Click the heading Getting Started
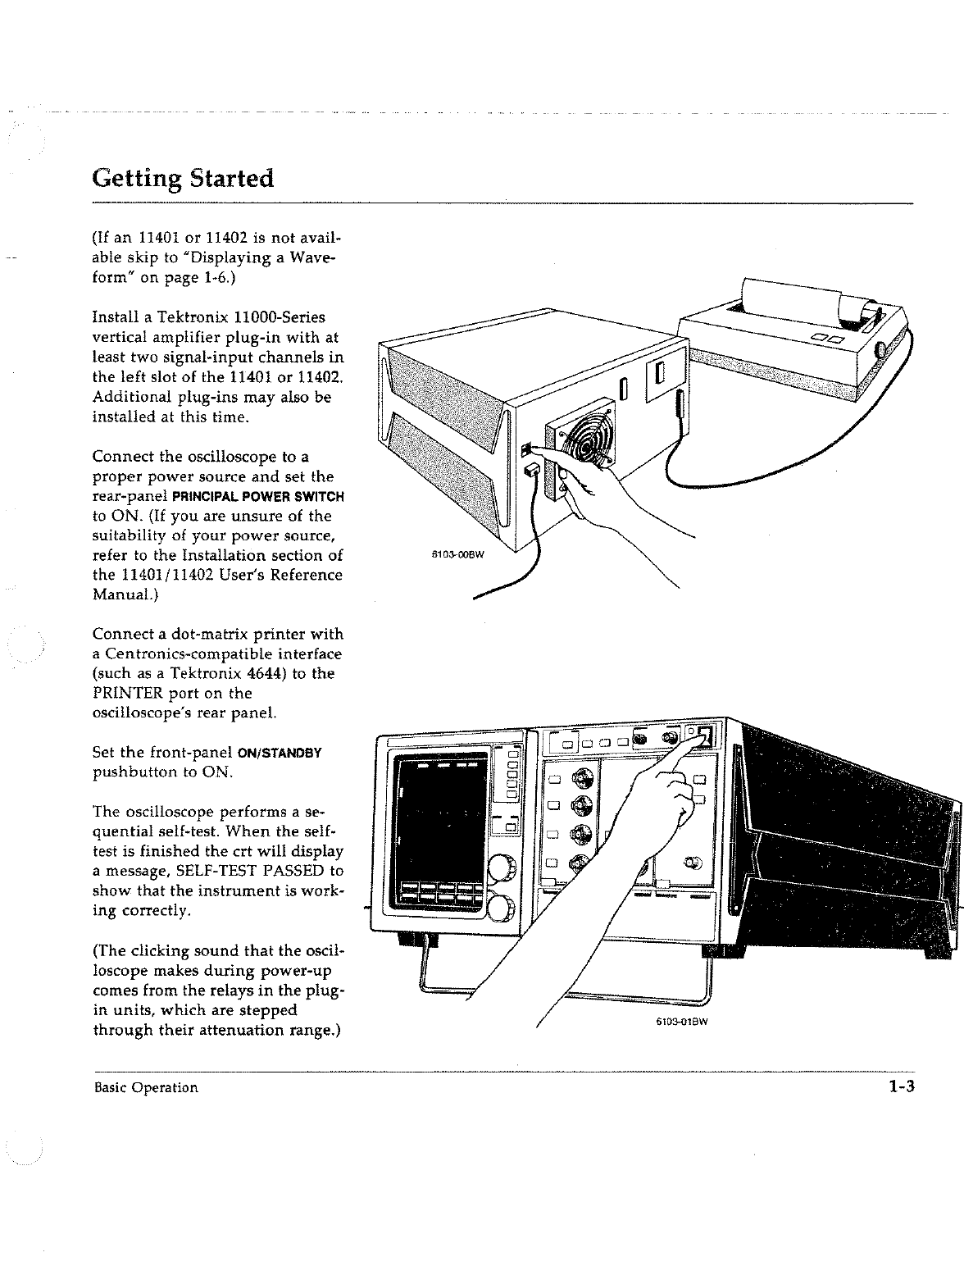tap(182, 177)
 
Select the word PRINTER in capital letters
tap(131, 694)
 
